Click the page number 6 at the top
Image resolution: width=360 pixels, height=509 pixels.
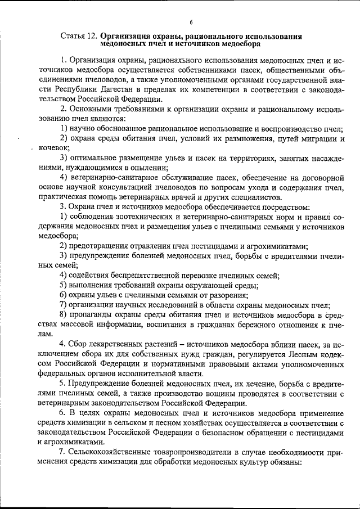coord(191,22)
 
